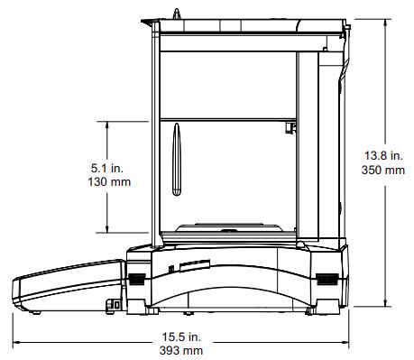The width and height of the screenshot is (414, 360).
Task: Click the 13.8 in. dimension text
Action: pos(383,156)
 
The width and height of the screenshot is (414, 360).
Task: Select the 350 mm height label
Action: pos(383,171)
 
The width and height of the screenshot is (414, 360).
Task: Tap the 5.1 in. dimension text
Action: pos(107,168)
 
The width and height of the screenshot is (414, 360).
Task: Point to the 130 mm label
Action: pos(109,182)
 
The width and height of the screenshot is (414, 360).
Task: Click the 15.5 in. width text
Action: pos(181,337)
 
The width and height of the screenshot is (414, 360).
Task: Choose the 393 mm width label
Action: pos(181,350)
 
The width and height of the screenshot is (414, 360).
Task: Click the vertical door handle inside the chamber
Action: pos(177,160)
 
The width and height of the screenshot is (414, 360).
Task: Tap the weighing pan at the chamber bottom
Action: pos(229,228)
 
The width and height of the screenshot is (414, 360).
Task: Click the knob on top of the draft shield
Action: pos(177,14)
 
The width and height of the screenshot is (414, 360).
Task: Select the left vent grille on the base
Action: pos(137,279)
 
